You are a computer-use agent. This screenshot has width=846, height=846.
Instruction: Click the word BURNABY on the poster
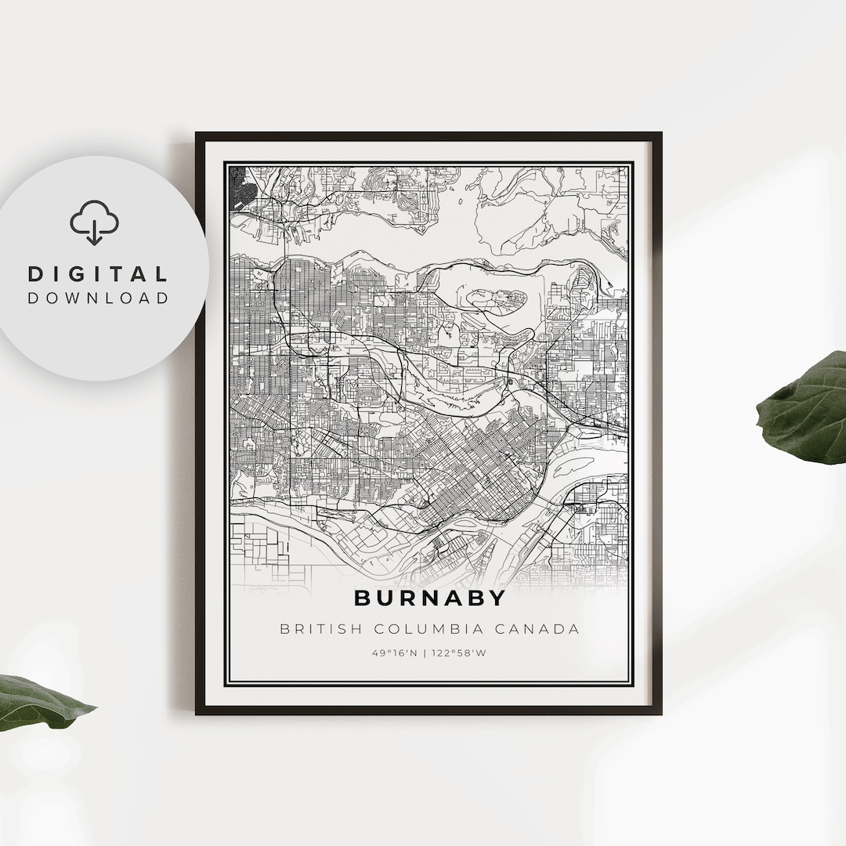pos(430,598)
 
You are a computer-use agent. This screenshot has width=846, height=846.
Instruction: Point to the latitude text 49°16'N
pos(395,653)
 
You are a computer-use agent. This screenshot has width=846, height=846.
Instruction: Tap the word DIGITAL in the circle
pos(98,274)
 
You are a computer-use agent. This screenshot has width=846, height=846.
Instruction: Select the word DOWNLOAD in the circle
pos(98,298)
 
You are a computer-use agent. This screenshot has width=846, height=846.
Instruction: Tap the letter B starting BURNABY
pos(363,598)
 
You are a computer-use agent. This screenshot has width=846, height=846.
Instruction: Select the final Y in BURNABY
pos(498,598)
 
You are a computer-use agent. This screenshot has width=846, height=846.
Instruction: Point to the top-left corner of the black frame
pos(197,134)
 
